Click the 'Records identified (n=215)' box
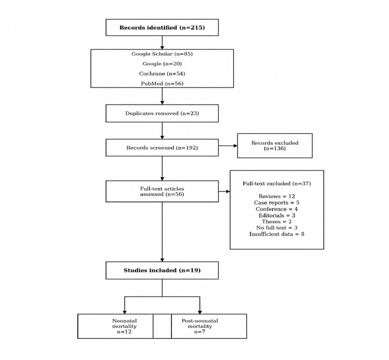162,28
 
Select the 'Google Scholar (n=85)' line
162,54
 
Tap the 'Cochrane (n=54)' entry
162,73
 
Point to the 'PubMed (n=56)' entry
162,84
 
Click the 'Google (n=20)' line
162,64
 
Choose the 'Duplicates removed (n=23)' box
162,113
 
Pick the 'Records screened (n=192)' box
162,147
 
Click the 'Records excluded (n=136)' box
274,146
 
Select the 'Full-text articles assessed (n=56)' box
162,191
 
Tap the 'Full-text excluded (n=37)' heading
277,183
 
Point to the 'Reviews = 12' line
277,196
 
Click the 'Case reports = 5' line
277,203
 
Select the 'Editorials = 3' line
277,215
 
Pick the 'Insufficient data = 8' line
277,234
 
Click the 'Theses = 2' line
277,221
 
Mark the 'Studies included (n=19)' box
162,270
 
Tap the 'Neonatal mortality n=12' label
124,326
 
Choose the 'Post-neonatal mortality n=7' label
200,326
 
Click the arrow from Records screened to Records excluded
228,146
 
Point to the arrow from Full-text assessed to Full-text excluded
224,191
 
